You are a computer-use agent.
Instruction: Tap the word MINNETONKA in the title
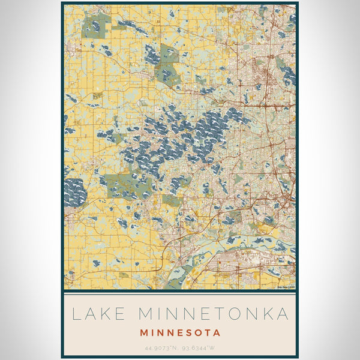click(x=213, y=314)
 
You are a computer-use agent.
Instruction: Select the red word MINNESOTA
click(x=180, y=332)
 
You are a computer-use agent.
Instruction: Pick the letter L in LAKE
click(x=76, y=314)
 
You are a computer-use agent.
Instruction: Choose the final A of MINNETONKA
click(x=283, y=314)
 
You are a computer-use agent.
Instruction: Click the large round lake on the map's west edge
click(x=74, y=193)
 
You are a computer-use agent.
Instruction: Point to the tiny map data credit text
click(x=286, y=287)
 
